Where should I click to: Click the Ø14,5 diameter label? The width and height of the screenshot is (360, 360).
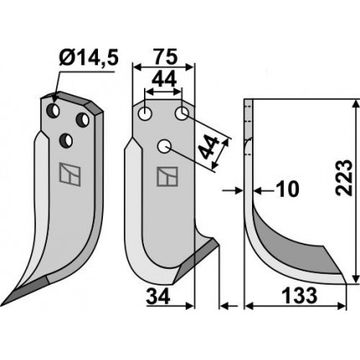[89, 58]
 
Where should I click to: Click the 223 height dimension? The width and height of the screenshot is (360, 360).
[343, 177]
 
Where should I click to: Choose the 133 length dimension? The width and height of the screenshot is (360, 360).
[300, 296]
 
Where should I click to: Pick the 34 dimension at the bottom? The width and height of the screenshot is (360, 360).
[158, 296]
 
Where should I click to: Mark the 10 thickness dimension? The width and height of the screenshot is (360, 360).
[287, 189]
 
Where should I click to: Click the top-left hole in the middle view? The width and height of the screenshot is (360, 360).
[145, 114]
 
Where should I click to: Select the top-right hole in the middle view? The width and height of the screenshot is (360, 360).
[182, 114]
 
